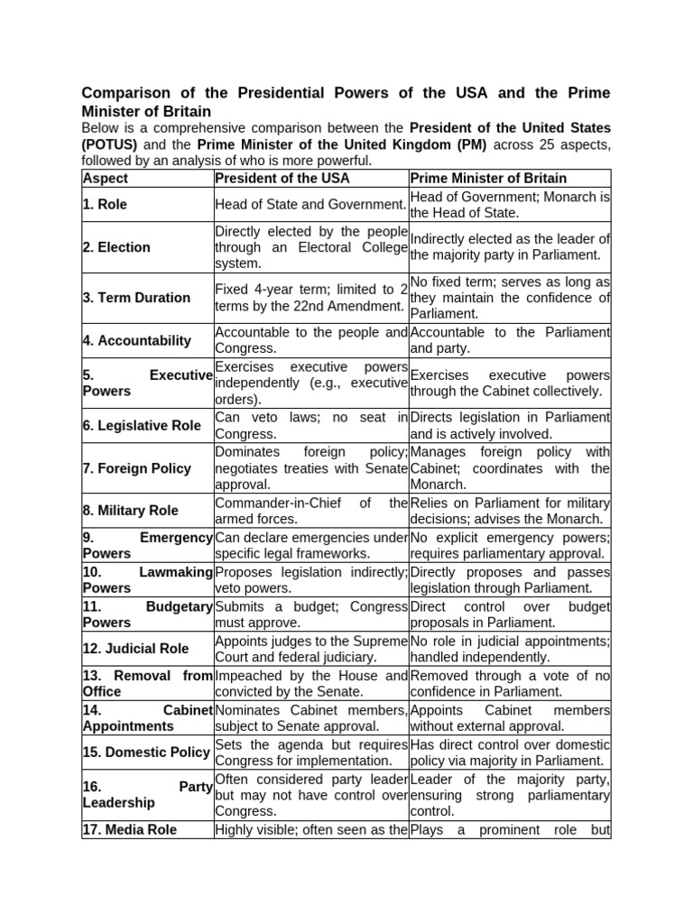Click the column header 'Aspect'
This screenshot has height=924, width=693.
point(105,179)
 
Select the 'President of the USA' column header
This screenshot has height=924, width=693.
point(281,179)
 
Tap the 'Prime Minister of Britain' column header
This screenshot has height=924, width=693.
point(488,179)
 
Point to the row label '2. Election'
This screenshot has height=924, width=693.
point(116,247)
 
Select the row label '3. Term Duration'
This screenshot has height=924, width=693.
point(136,298)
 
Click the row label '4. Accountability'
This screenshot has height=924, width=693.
point(137,341)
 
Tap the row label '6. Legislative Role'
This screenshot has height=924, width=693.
point(142,426)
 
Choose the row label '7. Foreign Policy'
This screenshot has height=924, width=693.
point(137,468)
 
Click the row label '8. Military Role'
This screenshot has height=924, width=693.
point(131,511)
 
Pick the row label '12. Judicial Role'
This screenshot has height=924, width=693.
point(135,649)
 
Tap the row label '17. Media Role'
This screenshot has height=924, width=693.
point(130,829)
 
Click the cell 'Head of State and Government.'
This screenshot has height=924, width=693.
point(311,205)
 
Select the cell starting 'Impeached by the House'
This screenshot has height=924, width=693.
point(311,683)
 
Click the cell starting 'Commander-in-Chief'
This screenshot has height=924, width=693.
point(311,511)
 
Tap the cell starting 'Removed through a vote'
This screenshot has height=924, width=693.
point(510,683)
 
